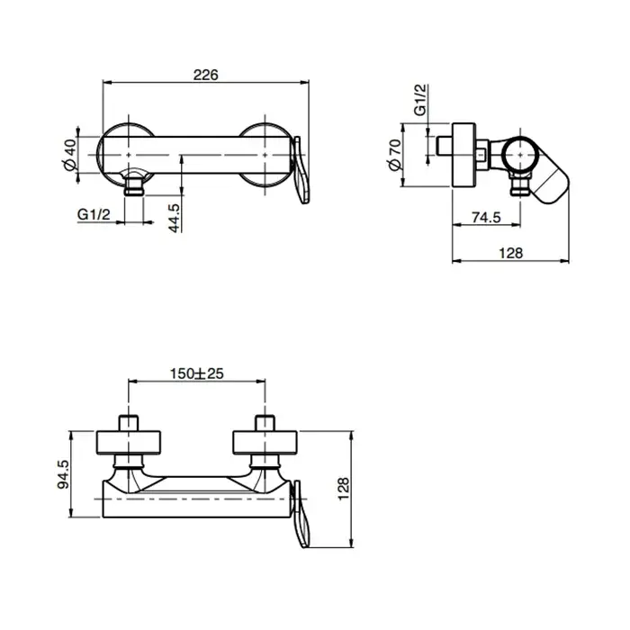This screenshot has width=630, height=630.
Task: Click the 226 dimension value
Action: pyautogui.click(x=206, y=75)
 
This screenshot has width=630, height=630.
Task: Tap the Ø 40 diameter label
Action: pyautogui.click(x=70, y=154)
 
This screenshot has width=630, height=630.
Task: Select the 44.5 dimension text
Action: pyautogui.click(x=175, y=218)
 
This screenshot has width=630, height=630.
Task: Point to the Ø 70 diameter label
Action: pyautogui.click(x=395, y=155)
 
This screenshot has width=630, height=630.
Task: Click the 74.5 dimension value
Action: pyautogui.click(x=487, y=218)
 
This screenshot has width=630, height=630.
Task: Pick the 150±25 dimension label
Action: pyautogui.click(x=196, y=373)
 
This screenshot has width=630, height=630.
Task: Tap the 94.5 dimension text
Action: pyautogui.click(x=64, y=474)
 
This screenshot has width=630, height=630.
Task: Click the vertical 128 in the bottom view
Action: pyautogui.click(x=344, y=489)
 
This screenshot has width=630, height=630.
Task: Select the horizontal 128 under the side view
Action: pyautogui.click(x=510, y=253)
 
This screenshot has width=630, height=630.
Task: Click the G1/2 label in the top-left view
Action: pyautogui.click(x=94, y=214)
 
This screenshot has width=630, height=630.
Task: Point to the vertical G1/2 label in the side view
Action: pyautogui.click(x=420, y=100)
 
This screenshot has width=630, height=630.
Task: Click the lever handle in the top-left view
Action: pyautogui.click(x=301, y=170)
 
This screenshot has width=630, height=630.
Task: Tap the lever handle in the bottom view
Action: pyautogui.click(x=301, y=514)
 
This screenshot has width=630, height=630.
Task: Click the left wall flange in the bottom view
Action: pyautogui.click(x=129, y=443)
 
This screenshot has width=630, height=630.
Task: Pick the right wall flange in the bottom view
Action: pyautogui.click(x=265, y=443)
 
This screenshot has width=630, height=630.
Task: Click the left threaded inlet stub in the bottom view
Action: pyautogui.click(x=129, y=424)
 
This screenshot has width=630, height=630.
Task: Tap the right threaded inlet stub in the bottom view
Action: pyautogui.click(x=265, y=424)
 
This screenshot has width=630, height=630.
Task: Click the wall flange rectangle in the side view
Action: pyautogui.click(x=464, y=155)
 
